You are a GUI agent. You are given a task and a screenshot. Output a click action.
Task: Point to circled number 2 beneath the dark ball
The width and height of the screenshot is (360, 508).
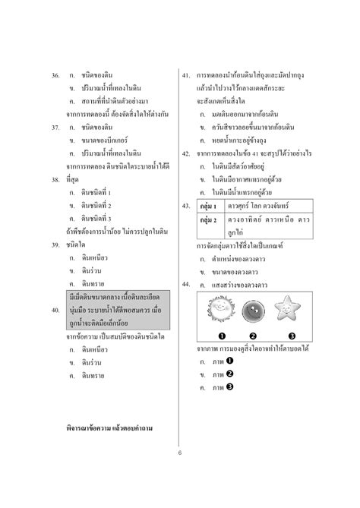pos(253,336)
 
